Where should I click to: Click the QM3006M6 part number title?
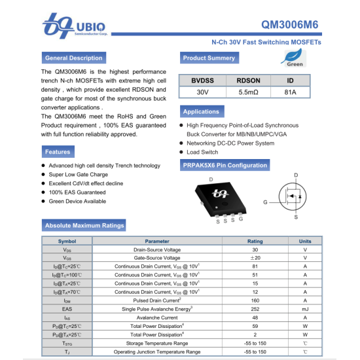point(290,25)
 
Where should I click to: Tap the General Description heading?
point(74,58)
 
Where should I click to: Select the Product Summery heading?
point(209,58)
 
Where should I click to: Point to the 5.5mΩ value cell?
point(249,92)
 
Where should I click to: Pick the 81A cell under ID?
point(290,92)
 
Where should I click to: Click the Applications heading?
point(202,112)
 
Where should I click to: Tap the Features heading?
point(58,152)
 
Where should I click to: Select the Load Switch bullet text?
point(202,152)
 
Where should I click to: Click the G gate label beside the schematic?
point(265,202)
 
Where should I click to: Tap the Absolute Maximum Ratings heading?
point(84,225)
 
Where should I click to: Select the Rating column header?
point(255,241)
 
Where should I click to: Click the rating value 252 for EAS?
point(255,309)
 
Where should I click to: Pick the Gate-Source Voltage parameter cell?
point(157,258)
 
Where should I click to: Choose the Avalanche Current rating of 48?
point(255,317)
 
